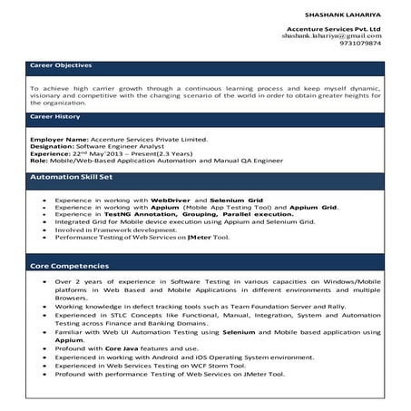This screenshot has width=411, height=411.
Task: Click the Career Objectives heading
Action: pos(61,66)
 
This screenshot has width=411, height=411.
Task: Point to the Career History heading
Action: pos(54,117)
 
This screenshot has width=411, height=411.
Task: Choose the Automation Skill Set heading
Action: pos(71,177)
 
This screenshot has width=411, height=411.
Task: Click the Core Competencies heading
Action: pos(70,267)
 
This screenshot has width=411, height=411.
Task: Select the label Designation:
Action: pos(52,145)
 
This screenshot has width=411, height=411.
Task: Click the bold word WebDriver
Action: pos(170,199)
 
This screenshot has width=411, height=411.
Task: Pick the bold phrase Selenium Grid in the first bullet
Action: pos(236,199)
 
